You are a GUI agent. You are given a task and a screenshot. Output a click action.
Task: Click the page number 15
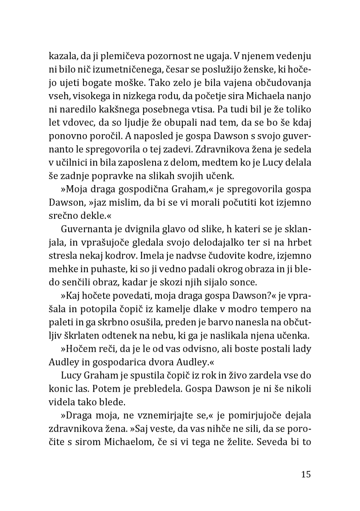coord(305,474)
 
